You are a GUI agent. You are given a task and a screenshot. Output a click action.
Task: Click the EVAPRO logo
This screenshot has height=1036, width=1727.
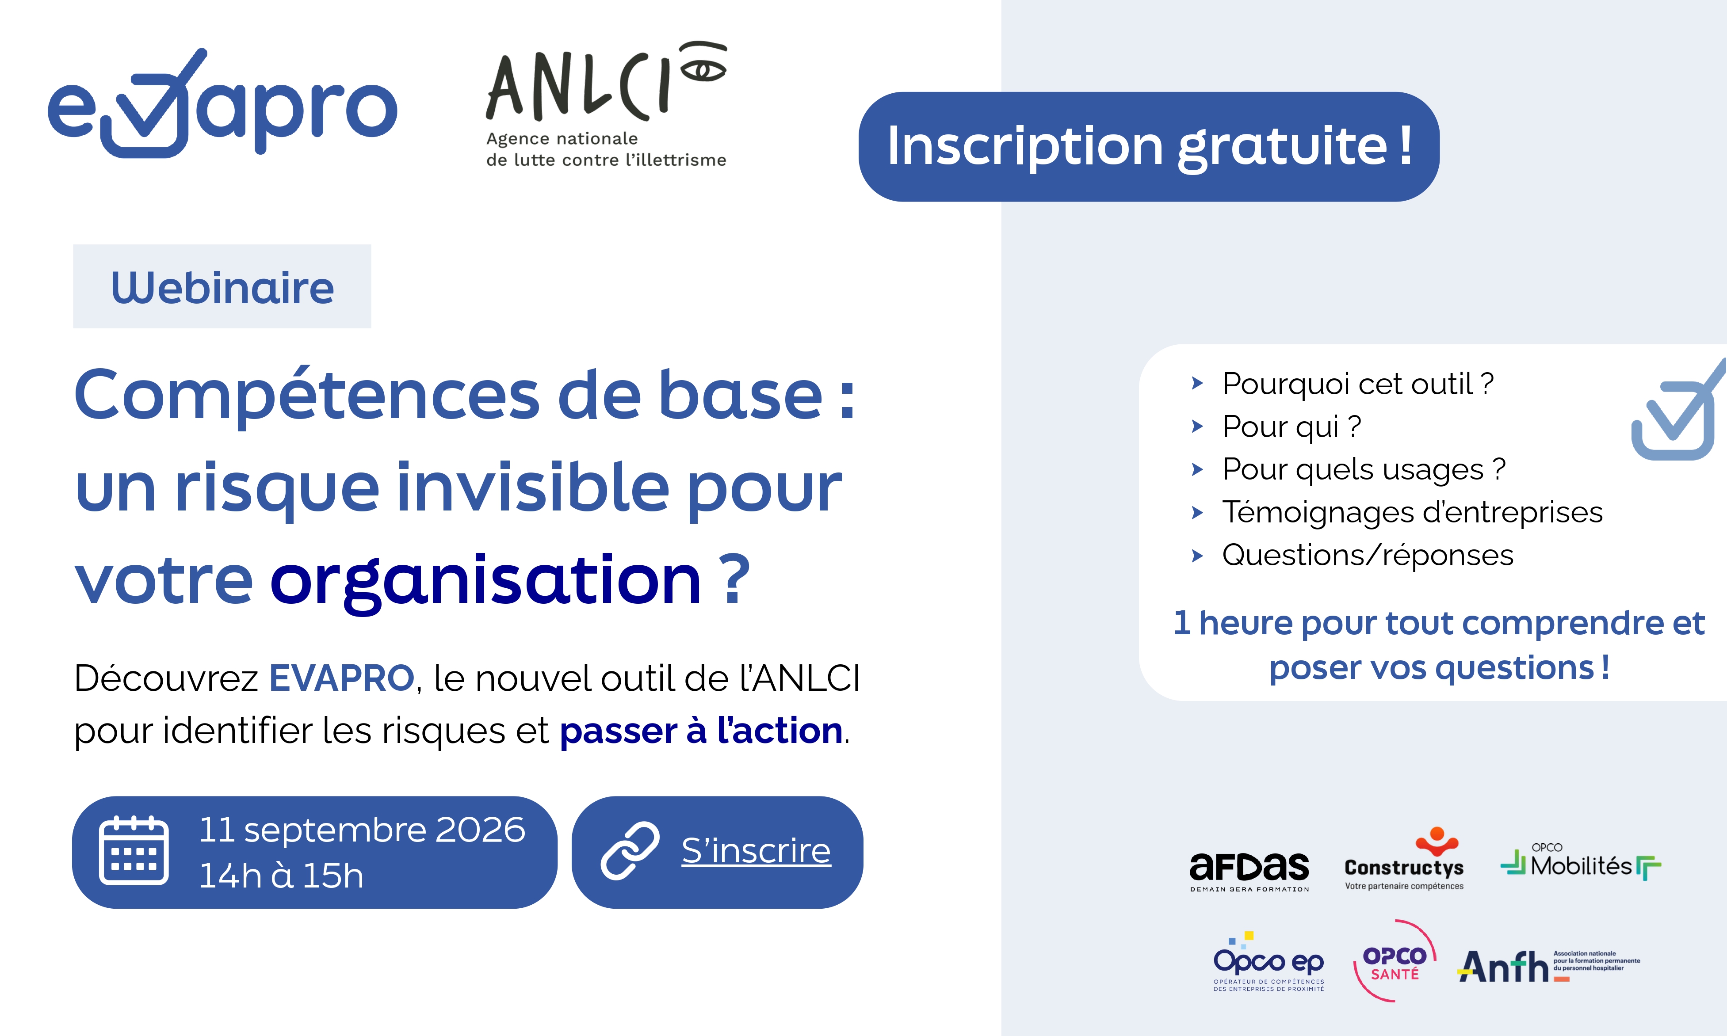[x=222, y=103]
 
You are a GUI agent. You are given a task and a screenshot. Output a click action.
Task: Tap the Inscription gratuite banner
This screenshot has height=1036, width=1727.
[x=1149, y=147]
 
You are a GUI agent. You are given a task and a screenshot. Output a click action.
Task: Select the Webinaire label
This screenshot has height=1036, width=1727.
[x=222, y=286]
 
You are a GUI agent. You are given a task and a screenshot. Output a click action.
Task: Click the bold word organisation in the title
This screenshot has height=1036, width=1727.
[x=485, y=582]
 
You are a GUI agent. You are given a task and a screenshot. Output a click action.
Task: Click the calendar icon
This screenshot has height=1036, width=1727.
[x=134, y=850]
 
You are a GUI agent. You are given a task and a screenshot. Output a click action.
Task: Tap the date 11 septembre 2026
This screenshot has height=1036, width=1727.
[x=362, y=829]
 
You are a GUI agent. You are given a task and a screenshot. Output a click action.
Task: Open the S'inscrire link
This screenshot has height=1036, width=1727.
[x=757, y=850]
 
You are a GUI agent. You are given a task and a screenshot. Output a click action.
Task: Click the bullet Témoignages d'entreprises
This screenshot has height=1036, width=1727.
[x=1412, y=512]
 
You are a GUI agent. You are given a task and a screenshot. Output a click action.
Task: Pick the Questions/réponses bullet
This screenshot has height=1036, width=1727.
[x=1368, y=555]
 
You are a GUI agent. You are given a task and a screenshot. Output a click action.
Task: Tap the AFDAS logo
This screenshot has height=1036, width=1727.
[x=1249, y=871]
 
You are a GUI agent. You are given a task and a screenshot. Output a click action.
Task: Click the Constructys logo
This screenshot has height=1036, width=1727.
[x=1404, y=859]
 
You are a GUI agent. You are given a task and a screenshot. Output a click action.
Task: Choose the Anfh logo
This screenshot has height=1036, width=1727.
[x=1549, y=966]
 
